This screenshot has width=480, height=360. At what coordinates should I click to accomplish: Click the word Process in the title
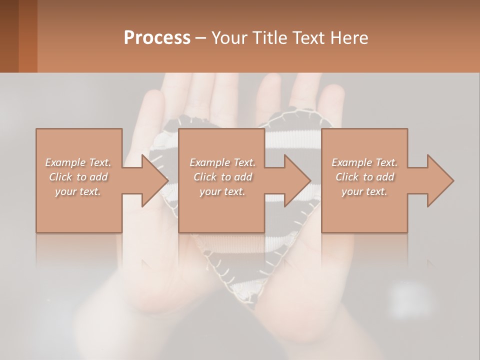point(157,37)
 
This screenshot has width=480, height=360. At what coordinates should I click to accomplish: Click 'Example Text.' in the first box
point(78,162)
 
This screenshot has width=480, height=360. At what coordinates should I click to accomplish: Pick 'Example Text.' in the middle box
point(222,162)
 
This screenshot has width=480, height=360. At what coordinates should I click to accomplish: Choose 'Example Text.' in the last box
point(364,162)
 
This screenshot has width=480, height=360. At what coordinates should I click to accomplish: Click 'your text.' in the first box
point(78,191)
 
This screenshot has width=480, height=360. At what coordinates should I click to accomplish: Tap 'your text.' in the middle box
point(222,191)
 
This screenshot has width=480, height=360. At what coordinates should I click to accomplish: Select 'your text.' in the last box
point(364,191)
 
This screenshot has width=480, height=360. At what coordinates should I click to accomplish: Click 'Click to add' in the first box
point(78,177)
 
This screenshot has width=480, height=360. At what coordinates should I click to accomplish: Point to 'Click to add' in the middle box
point(222,177)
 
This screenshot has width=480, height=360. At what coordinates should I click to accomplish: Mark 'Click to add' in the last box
point(364,177)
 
